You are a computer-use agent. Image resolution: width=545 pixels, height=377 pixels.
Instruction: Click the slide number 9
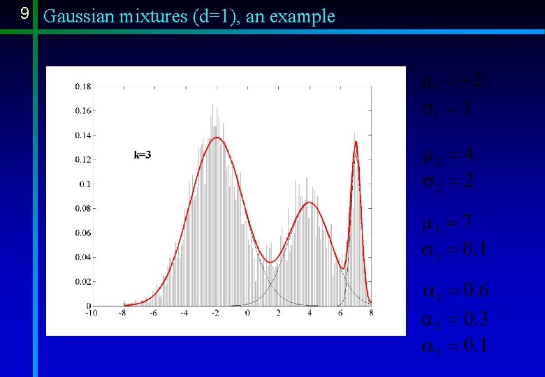coord(24,14)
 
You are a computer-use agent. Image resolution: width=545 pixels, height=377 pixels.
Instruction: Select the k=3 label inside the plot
coord(142,155)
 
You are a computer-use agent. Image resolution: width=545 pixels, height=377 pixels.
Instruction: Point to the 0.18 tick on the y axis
coord(82,87)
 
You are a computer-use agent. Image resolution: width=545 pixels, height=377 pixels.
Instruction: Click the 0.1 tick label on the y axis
coord(85,184)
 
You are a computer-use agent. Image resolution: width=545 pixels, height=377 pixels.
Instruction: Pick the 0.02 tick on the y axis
coord(82,281)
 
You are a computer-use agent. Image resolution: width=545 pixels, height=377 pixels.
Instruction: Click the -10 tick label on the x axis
coord(92,313)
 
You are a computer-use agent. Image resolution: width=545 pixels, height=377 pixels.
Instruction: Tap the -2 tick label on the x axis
coord(215,313)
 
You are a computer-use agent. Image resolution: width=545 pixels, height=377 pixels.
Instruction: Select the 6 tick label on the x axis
coord(340,313)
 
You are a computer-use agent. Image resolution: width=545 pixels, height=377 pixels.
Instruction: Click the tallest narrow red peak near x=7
coord(356,142)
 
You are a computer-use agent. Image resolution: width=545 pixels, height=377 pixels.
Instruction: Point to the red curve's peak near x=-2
coord(217,138)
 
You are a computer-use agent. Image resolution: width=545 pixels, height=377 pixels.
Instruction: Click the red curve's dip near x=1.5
coord(271,262)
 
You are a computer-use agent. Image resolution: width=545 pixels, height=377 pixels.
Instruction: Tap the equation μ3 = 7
coord(447,223)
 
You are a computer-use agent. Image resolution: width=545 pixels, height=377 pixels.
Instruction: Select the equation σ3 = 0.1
coord(453,250)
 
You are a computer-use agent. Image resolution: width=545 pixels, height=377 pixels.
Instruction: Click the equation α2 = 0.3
coord(454,320)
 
